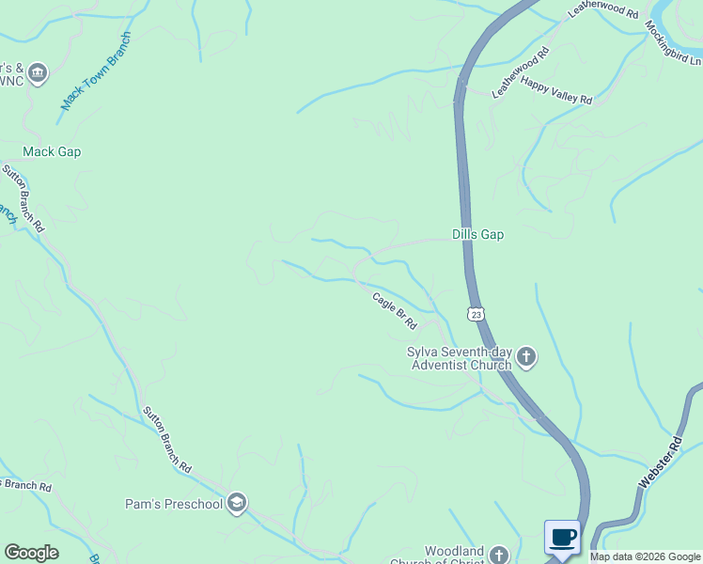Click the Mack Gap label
pyautogui.click(x=52, y=151)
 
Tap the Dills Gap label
pyautogui.click(x=477, y=235)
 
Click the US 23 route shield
pyautogui.click(x=476, y=314)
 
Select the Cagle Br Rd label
pyautogui.click(x=395, y=311)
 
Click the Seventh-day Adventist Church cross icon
pyautogui.click(x=526, y=357)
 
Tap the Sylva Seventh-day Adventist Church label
pyautogui.click(x=459, y=358)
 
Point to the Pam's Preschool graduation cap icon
pyautogui.click(x=238, y=504)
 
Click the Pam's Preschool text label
pyautogui.click(x=174, y=504)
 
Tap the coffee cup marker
pyautogui.click(x=562, y=538)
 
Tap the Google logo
pyautogui.click(x=31, y=553)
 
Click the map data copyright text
pyautogui.click(x=645, y=556)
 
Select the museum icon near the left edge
pyautogui.click(x=38, y=74)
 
